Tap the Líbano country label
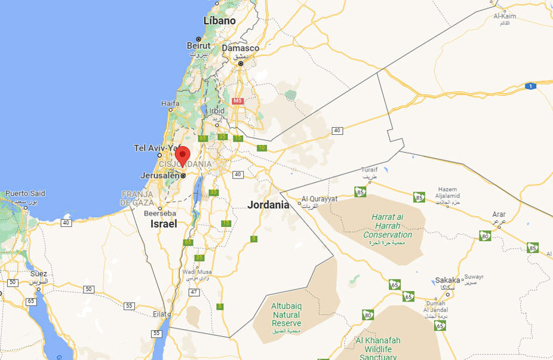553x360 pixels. [x=219, y=21]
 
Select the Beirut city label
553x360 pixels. [x=199, y=45]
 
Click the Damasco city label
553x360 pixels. [x=240, y=48]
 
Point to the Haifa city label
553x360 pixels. [x=170, y=103]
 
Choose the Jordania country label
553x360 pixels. [x=268, y=204]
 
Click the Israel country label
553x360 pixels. [x=164, y=224]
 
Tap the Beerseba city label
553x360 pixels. [x=161, y=213]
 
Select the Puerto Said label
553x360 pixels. [x=24, y=193]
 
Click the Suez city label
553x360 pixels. [x=39, y=273]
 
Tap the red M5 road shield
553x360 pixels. [x=238, y=100]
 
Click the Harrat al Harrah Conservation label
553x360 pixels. [x=388, y=226]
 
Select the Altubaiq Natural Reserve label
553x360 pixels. [x=286, y=315]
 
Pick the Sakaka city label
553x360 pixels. [x=447, y=279]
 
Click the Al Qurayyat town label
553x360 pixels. [x=319, y=199]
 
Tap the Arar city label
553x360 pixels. [x=498, y=214]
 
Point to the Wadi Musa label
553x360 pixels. [x=197, y=272]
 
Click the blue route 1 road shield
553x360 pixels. [x=530, y=87]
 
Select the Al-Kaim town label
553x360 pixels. [x=505, y=16]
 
